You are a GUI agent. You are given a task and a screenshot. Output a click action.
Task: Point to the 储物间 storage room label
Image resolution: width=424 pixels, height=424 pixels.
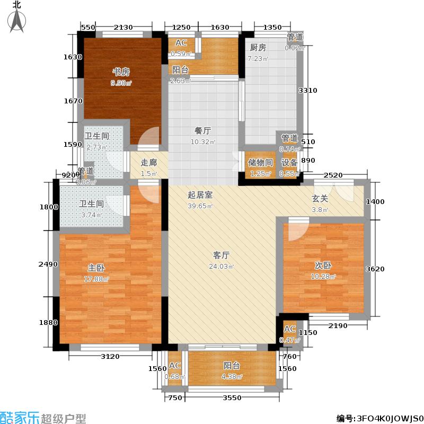[260, 163]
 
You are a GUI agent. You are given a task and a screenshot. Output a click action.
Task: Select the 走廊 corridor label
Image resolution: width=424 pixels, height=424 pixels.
[149, 163]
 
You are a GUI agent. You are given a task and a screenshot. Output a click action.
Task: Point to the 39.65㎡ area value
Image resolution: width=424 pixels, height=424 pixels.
[200, 206]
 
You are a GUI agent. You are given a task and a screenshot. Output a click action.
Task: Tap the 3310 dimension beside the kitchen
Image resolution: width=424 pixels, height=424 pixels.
[307, 91]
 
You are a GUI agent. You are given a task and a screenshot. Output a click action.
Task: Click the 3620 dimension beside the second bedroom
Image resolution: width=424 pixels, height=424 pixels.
[375, 269]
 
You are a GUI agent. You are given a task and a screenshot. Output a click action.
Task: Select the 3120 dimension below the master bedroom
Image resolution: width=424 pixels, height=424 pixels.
[110, 356]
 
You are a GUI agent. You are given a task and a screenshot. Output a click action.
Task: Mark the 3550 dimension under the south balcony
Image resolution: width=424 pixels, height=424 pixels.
[232, 398]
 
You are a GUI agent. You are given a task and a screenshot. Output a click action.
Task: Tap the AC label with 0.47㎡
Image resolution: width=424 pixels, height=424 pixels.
[289, 329]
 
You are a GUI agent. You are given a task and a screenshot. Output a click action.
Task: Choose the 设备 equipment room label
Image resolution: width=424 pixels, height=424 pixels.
[288, 163]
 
